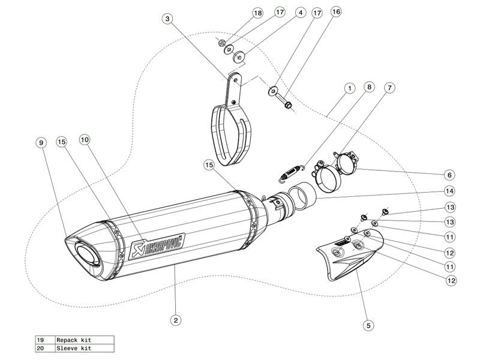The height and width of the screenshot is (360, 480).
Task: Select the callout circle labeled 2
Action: click(x=175, y=320)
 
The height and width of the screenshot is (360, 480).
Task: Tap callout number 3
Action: click(x=167, y=19)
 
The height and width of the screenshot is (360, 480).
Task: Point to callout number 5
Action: click(x=368, y=326)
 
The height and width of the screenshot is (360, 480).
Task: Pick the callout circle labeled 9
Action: click(x=41, y=143)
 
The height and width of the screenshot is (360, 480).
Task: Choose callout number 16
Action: click(x=335, y=11)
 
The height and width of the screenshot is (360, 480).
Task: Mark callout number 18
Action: click(x=241, y=13)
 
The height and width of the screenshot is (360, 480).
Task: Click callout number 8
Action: click(x=369, y=87)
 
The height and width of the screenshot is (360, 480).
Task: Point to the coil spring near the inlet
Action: click(x=292, y=171)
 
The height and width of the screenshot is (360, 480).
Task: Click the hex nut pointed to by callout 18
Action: click(x=221, y=43)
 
